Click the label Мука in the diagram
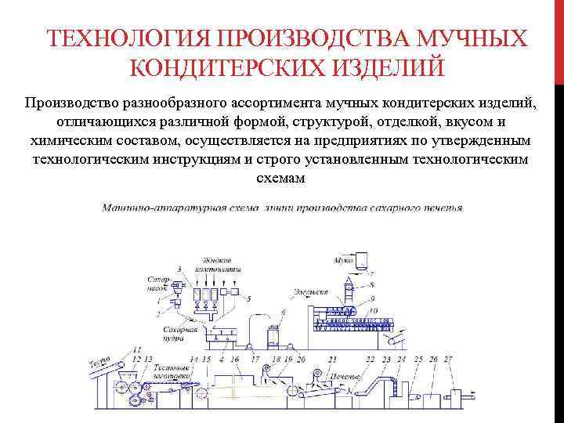click(344, 258)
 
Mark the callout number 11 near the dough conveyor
click(137, 349)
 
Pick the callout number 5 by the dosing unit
click(248, 298)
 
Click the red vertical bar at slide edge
click(559, 39)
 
